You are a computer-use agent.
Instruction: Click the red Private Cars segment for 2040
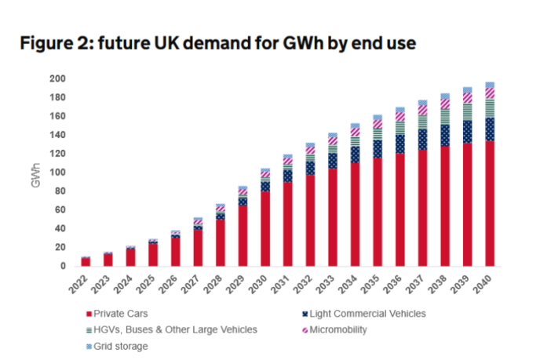tap(490, 204)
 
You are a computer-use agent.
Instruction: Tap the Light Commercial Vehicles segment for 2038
tap(445, 135)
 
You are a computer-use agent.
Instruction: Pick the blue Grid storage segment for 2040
tap(490, 85)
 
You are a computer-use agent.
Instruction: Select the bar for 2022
tap(86, 261)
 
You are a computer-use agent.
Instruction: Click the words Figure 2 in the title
tap(56, 45)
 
